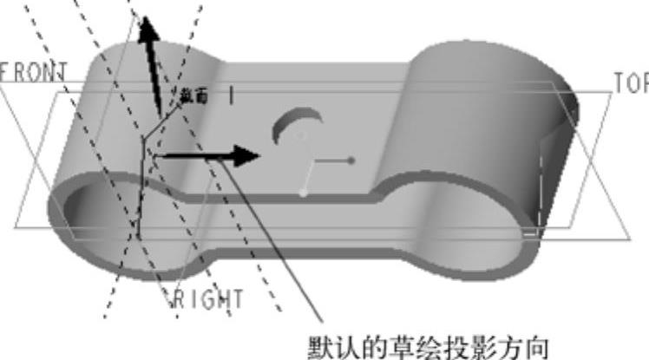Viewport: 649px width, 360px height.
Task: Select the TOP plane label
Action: tap(630, 82)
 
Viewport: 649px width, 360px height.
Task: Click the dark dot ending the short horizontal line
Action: tap(351, 160)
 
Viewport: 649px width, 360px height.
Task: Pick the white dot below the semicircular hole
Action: tap(302, 193)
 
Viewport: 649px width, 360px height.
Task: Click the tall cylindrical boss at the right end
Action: tap(486, 113)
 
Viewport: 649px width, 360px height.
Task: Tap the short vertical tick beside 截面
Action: tap(230, 95)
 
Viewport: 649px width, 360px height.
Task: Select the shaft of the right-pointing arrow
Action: tap(195, 157)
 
